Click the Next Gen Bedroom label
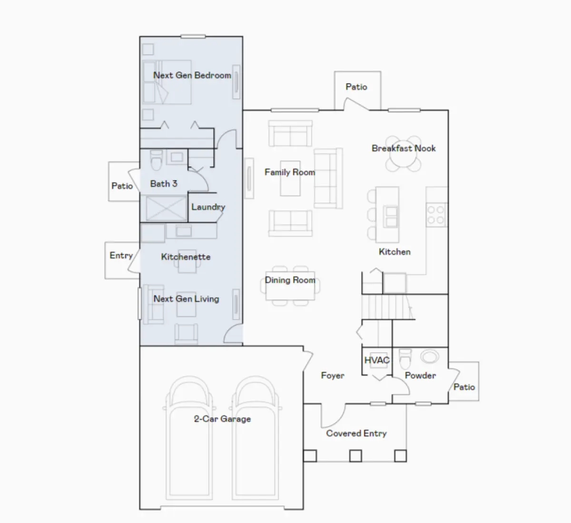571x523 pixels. tap(192, 75)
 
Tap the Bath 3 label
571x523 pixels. tap(163, 184)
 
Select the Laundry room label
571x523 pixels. tap(208, 207)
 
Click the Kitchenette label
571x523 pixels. tap(186, 257)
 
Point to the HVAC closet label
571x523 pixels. tap(377, 360)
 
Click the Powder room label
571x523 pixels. tap(420, 375)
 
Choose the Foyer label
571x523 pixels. tap(333, 376)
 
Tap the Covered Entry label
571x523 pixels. tap(356, 433)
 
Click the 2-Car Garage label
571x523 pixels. tap(222, 419)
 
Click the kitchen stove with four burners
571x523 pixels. tap(436, 214)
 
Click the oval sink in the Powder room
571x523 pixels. tap(430, 357)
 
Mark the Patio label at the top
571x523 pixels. tap(356, 87)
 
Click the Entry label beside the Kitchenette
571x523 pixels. tap(121, 255)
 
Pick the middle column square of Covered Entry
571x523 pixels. tap(355, 456)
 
